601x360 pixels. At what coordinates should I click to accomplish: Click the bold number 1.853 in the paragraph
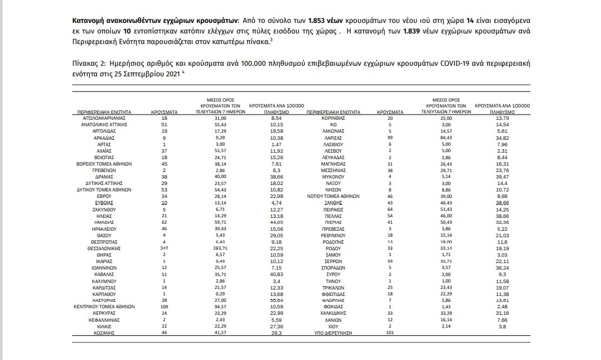click(x=234, y=20)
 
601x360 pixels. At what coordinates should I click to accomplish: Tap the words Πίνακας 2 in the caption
click(x=88, y=62)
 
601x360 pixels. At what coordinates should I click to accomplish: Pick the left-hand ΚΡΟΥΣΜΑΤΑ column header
click(x=164, y=111)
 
